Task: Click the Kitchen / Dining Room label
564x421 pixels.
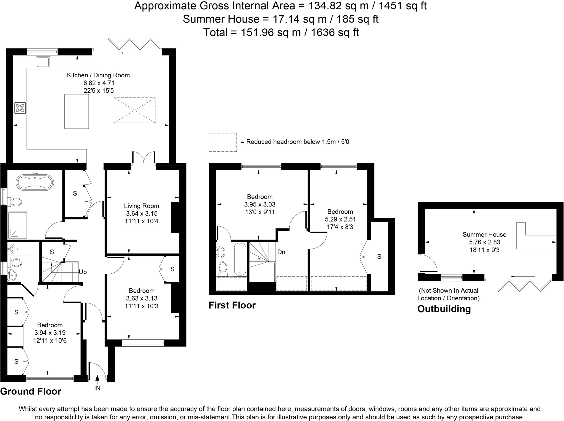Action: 98,75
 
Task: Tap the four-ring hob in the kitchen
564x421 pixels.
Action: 20,108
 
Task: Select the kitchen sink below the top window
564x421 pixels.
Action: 43,62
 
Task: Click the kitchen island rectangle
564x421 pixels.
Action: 77,111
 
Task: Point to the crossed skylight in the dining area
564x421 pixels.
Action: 134,110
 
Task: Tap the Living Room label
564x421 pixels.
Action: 142,206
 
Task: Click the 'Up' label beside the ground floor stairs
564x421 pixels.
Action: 83,272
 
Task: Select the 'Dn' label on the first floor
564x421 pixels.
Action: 281,252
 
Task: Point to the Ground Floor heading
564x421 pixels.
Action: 31,391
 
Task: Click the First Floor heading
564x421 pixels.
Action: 232,305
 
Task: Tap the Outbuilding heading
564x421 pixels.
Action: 444,309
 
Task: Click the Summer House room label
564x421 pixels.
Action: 484,235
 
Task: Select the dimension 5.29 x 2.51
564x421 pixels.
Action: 340,219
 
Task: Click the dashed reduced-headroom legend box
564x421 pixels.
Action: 223,142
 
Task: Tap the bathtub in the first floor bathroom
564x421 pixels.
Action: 240,259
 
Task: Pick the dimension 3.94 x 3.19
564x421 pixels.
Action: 50,333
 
